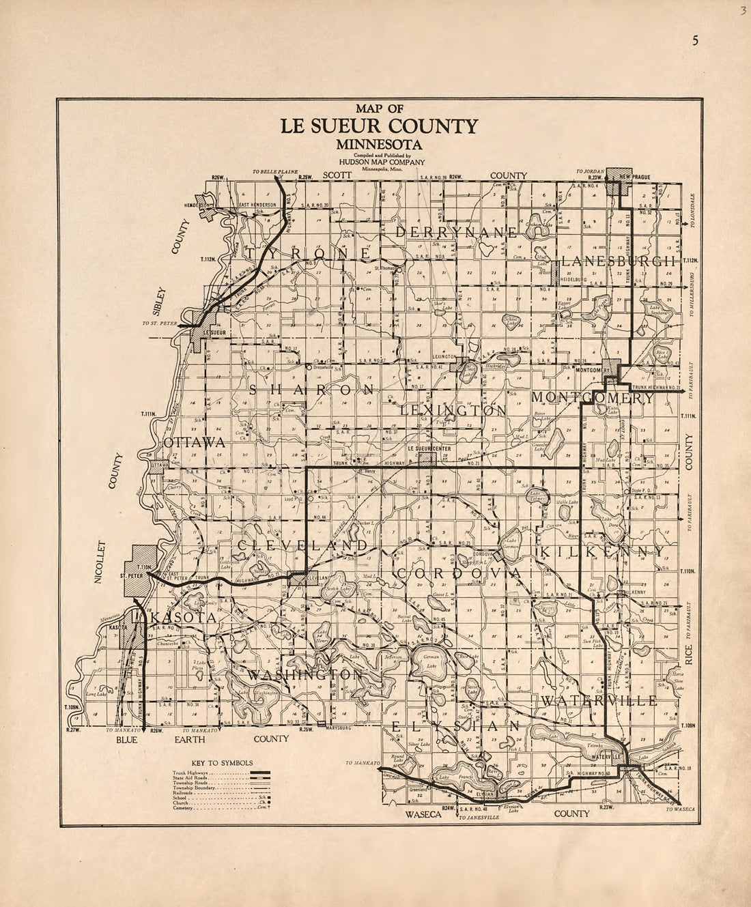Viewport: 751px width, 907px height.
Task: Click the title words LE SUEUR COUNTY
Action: click(x=378, y=126)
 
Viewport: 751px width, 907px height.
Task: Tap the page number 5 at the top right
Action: click(x=694, y=40)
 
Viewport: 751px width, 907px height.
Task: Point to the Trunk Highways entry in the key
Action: click(x=187, y=772)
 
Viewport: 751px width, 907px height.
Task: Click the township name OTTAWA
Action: click(x=195, y=443)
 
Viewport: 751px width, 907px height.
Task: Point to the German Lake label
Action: click(x=435, y=660)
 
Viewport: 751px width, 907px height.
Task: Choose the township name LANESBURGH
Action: click(x=619, y=261)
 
